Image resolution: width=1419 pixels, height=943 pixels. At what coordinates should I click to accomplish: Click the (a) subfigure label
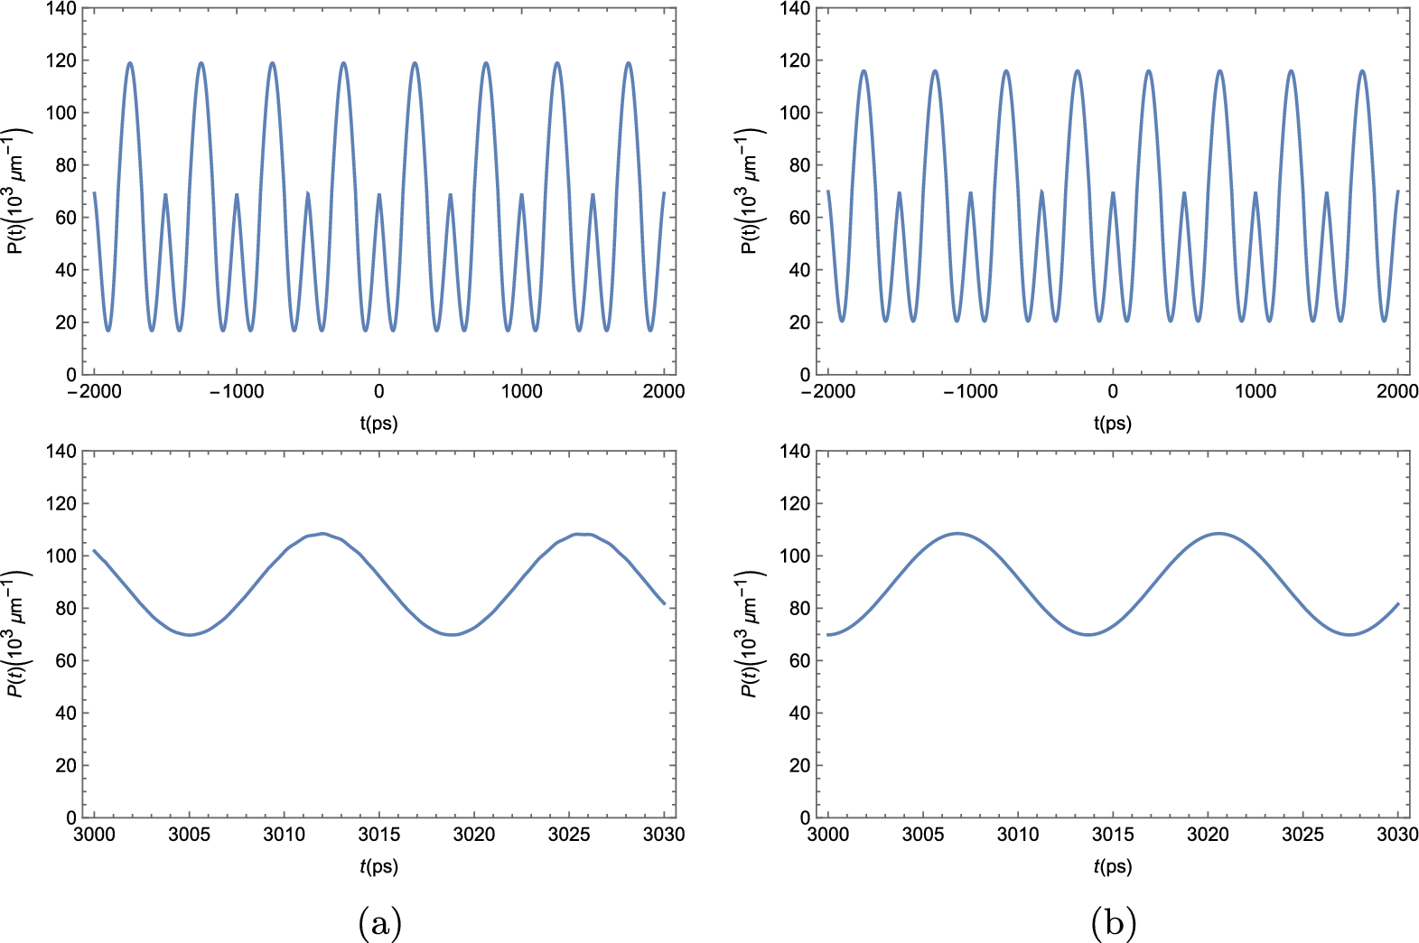coord(379,923)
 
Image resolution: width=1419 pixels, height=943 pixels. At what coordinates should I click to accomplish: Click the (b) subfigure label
coord(1113,923)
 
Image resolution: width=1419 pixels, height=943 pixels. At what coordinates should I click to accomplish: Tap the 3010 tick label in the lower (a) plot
coord(284,835)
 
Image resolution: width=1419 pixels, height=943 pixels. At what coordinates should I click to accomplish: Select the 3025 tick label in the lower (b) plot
coord(1302,835)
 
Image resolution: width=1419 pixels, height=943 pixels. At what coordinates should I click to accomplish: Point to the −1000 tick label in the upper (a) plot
coord(237,392)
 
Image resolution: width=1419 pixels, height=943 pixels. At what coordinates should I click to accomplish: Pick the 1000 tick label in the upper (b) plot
coord(1256,392)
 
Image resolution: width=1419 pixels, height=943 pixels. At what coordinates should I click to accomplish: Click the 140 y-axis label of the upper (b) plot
coord(795,9)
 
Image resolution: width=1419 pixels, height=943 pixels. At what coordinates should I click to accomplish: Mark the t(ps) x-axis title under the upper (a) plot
coord(379,424)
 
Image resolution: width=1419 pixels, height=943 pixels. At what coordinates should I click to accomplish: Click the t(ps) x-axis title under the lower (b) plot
coord(1113,866)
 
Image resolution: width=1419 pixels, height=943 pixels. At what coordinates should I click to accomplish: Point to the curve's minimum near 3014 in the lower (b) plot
coord(1090,634)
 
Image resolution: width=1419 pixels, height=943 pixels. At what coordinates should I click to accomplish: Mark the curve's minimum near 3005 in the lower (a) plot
coord(190,635)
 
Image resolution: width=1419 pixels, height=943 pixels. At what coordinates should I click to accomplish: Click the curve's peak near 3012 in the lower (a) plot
coord(322,533)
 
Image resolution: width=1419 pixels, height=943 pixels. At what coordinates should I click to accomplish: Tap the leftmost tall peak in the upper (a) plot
coord(130,62)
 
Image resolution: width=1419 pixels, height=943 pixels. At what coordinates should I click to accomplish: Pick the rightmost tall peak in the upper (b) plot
coord(1362,70)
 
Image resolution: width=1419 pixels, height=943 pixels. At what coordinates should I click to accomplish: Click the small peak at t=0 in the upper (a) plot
coord(378,194)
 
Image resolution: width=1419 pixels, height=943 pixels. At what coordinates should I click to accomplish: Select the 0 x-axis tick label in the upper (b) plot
coord(1113,392)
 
